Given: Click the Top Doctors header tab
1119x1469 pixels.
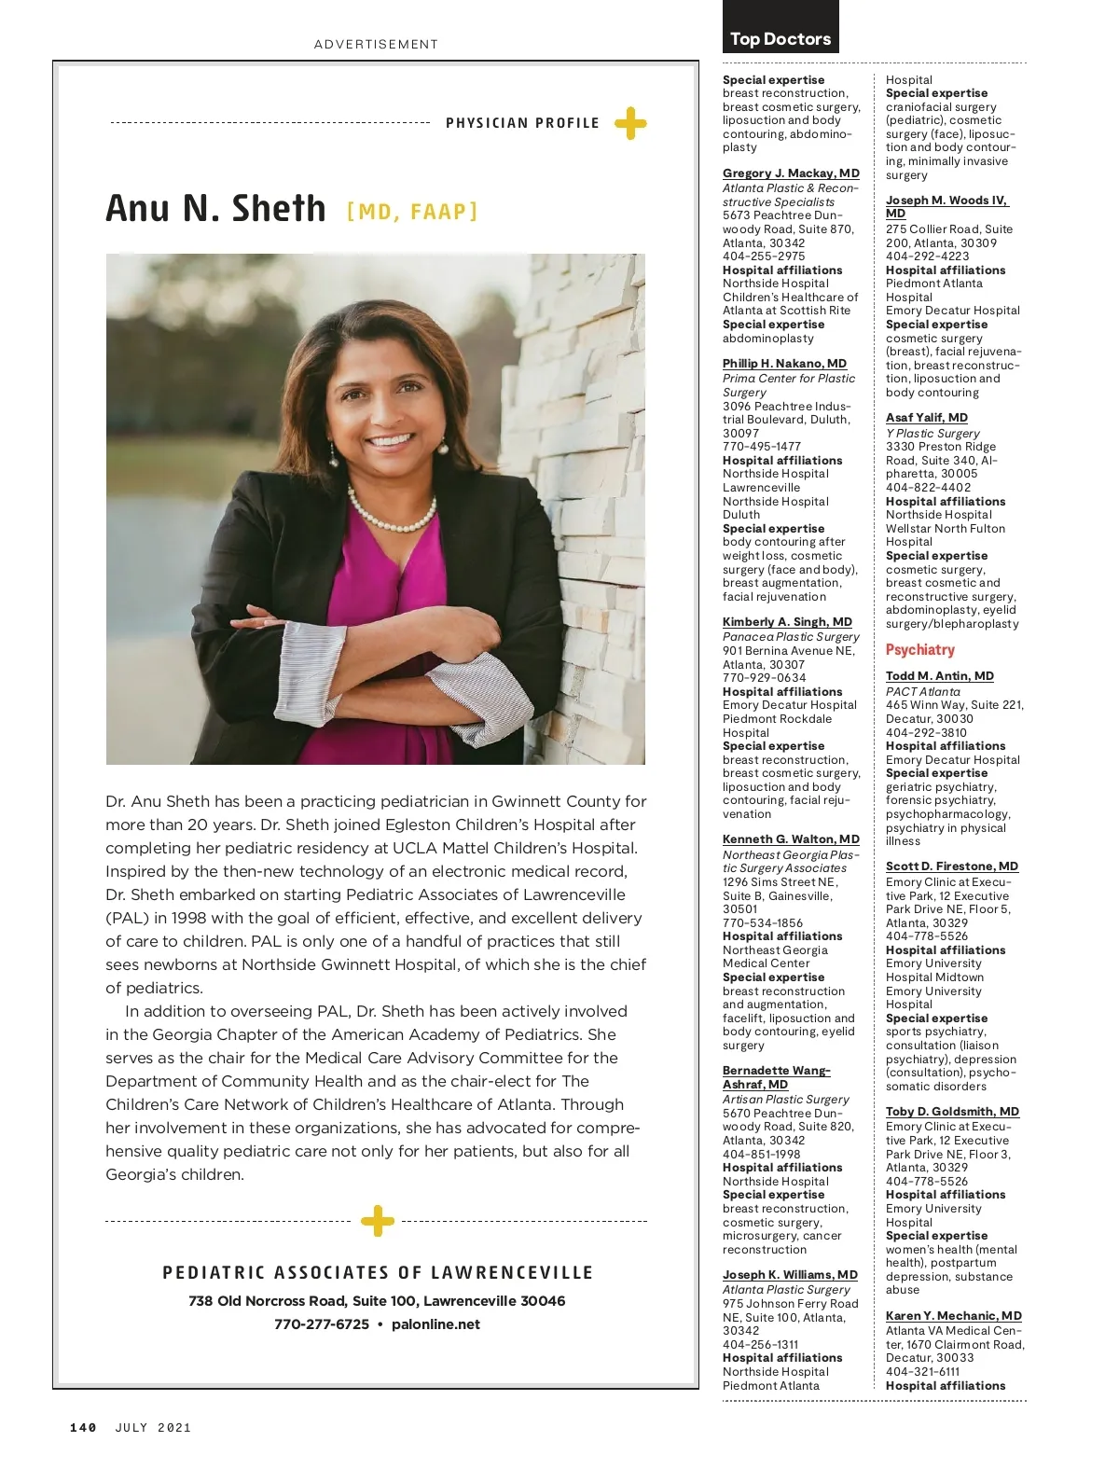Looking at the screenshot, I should tap(781, 38).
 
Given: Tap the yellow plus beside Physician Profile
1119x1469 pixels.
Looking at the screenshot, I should tap(630, 123).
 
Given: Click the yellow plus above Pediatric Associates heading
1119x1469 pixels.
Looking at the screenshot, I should tap(377, 1220).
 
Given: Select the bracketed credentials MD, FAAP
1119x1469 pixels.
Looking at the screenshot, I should tap(412, 212).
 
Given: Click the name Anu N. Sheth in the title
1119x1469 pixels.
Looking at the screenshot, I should tap(215, 208).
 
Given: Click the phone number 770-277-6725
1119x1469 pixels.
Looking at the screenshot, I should tap(321, 1324).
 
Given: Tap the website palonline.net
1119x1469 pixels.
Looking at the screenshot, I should tap(435, 1324).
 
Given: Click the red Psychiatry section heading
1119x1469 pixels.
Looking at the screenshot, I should tap(919, 650).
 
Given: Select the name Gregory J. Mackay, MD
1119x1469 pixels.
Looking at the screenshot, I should tap(791, 173).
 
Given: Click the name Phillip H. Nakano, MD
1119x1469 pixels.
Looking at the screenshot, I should tap(784, 364).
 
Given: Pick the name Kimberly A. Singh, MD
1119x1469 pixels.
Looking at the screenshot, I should tap(787, 622).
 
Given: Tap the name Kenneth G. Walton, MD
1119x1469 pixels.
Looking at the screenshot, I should tap(791, 839).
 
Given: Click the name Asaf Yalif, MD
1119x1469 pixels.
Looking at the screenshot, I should tap(926, 418).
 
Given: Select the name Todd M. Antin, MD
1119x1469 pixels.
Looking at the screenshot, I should tap(939, 676).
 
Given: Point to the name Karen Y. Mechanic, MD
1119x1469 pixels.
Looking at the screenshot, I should tap(953, 1316).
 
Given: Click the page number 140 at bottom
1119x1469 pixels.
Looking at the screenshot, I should tap(83, 1427).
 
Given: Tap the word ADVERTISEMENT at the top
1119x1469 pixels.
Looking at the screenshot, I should tap(376, 44).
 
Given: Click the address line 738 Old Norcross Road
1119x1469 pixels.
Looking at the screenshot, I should tap(377, 1301).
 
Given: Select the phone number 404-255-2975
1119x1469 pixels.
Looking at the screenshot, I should tap(763, 256).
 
